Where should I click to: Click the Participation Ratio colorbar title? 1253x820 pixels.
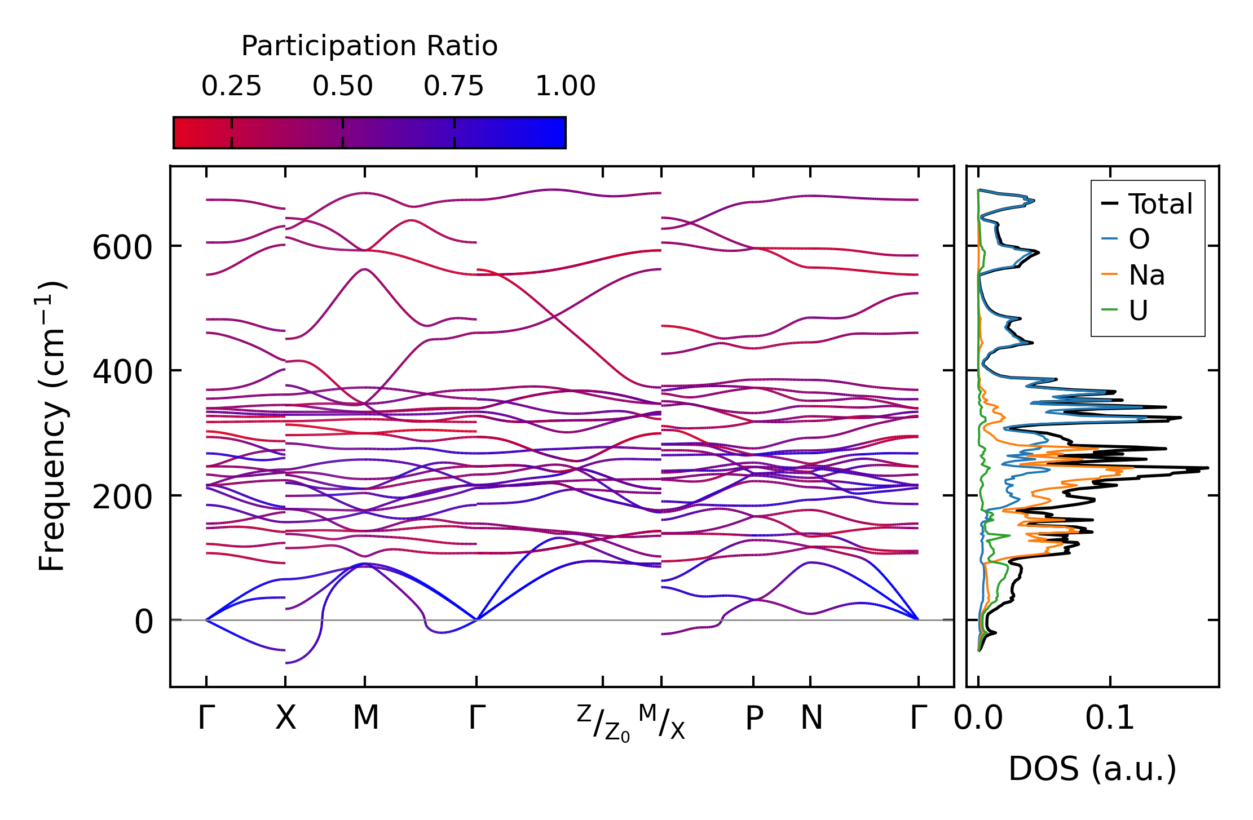tap(369, 46)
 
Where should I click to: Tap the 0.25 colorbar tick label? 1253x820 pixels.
tap(231, 86)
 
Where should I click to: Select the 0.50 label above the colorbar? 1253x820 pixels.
tap(342, 86)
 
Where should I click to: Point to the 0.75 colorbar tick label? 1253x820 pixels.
tap(453, 86)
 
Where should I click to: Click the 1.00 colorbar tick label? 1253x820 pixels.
tap(565, 86)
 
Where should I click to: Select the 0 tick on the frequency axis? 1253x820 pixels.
tap(143, 622)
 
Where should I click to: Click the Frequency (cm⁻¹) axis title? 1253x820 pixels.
tap(52, 426)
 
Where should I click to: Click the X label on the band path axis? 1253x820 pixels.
tap(285, 718)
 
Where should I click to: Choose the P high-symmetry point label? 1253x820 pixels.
tap(754, 718)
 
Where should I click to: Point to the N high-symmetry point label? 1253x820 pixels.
tap(811, 718)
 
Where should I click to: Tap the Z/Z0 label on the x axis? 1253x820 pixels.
tap(603, 723)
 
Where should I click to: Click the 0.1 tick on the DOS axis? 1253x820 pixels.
tap(1110, 718)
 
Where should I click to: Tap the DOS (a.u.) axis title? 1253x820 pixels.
tap(1092, 769)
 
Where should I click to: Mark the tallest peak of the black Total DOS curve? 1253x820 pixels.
tap(1207, 468)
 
